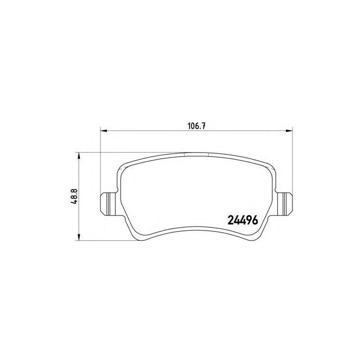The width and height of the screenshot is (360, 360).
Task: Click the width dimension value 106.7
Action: pyautogui.click(x=196, y=126)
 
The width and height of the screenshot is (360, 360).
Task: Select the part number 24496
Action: pyautogui.click(x=243, y=220)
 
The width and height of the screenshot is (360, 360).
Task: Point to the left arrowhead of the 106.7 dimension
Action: pyautogui.click(x=104, y=130)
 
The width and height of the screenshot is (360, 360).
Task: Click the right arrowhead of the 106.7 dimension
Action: pyautogui.click(x=289, y=130)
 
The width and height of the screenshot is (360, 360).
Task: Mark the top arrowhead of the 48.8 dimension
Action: pyautogui.click(x=79, y=156)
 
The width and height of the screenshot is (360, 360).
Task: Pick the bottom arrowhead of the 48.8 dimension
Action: pyautogui.click(x=79, y=237)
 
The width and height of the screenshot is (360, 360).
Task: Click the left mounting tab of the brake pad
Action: pyautogui.click(x=110, y=204)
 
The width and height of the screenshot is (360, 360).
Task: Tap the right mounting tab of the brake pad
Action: pyautogui.click(x=284, y=204)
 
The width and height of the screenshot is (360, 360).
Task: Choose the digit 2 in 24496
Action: pyautogui.click(x=230, y=220)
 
